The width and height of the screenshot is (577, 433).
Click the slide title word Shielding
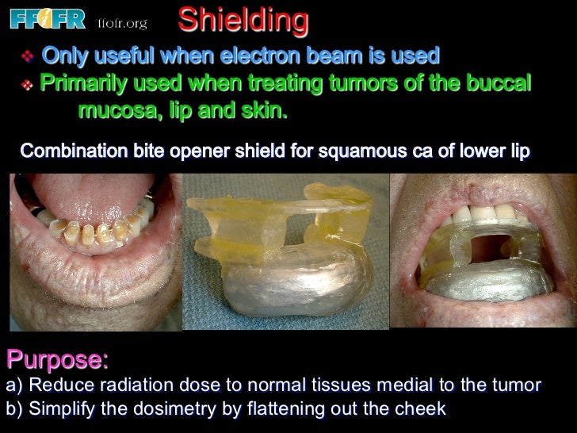pos(243,21)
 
